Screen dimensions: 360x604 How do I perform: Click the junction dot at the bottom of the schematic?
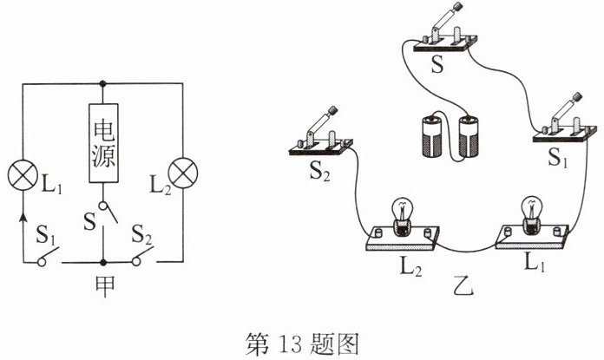103,260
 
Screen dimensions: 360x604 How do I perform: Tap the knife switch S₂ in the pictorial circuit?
321,134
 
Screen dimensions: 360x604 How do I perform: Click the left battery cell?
431,137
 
